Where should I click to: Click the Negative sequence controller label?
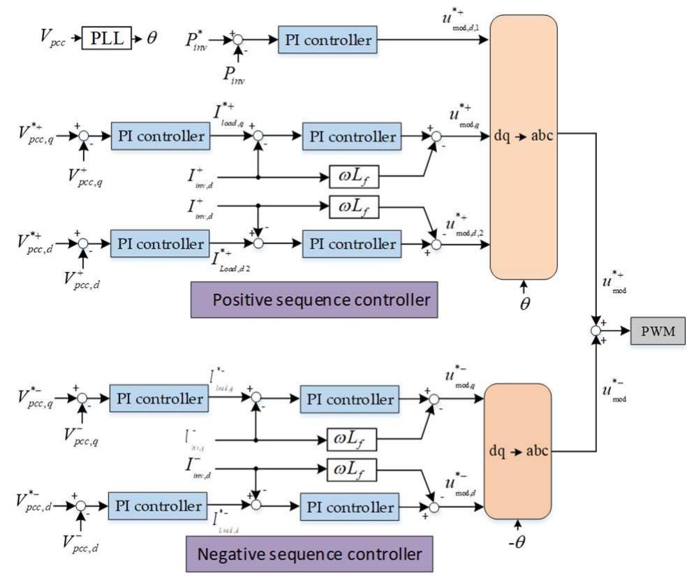pos(310,555)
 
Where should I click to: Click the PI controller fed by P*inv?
pos(327,39)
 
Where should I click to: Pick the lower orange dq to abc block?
pos(518,451)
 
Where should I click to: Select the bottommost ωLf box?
pos(353,470)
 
